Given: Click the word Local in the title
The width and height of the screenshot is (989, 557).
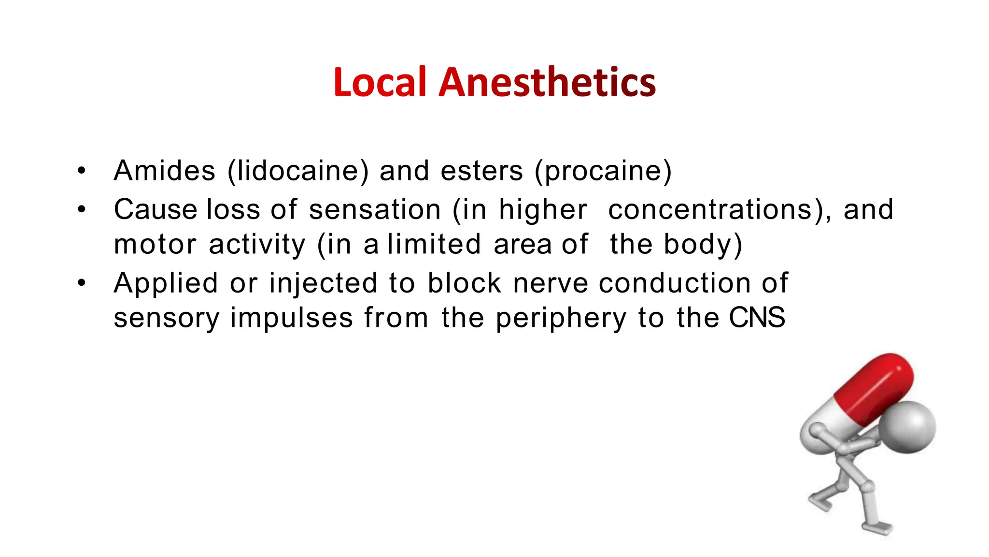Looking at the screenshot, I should pos(380,82).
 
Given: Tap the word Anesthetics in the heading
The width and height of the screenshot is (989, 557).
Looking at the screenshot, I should pos(547,82).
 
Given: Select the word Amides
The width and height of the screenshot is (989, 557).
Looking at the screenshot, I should pos(164,171).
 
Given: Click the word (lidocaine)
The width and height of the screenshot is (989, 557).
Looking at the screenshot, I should pos(297,172).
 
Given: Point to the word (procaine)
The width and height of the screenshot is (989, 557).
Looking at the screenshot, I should pos(603,172).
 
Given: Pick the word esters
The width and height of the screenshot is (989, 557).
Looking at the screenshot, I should pos(481,171).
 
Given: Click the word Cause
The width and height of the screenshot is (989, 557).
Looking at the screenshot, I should pos(155,210).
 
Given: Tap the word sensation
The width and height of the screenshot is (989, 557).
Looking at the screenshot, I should pos(375,210).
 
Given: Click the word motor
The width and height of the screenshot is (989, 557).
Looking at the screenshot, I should pos(155,245).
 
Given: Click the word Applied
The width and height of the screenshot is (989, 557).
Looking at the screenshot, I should pos(166,283).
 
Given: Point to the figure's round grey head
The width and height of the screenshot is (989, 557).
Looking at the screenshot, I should pos(906,427).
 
